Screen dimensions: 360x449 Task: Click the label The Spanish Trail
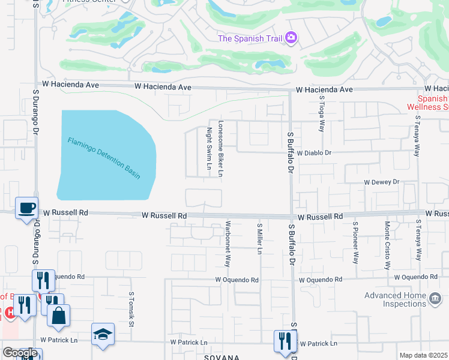click(250, 39)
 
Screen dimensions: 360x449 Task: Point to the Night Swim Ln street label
click(209, 148)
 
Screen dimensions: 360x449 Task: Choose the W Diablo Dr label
click(314, 153)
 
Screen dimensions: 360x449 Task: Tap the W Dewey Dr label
click(381, 182)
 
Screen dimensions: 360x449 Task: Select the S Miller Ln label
click(259, 238)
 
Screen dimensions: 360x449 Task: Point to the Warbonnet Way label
click(228, 245)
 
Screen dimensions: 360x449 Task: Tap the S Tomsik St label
click(131, 310)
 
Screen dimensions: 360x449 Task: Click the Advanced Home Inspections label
click(406, 299)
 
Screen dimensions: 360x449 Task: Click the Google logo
click(20, 353)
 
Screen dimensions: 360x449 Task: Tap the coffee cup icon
click(26, 208)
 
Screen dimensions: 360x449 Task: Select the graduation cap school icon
click(103, 334)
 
